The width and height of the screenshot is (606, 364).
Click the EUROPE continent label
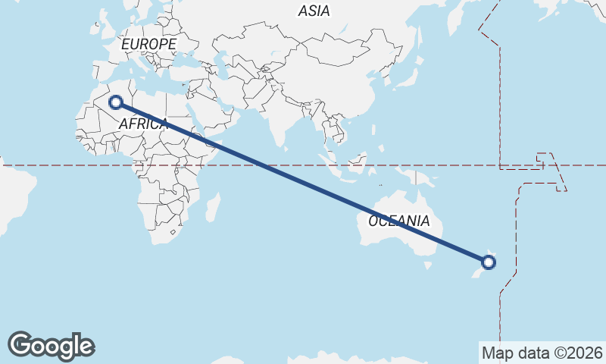(x=148, y=45)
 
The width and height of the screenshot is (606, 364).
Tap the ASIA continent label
(x=314, y=11)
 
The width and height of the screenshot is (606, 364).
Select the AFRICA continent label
(x=143, y=124)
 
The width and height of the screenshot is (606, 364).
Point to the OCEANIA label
(x=399, y=221)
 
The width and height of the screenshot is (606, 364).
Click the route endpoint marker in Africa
(x=117, y=102)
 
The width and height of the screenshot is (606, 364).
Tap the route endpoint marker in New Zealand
(x=489, y=263)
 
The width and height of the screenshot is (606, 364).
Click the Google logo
(x=51, y=346)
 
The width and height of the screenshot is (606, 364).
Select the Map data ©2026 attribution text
(x=541, y=353)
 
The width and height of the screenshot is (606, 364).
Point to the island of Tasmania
(x=428, y=265)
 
